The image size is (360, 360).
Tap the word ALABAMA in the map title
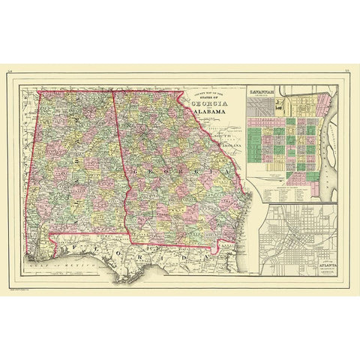[x=212, y=113]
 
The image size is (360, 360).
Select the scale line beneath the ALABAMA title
[x=212, y=119]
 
